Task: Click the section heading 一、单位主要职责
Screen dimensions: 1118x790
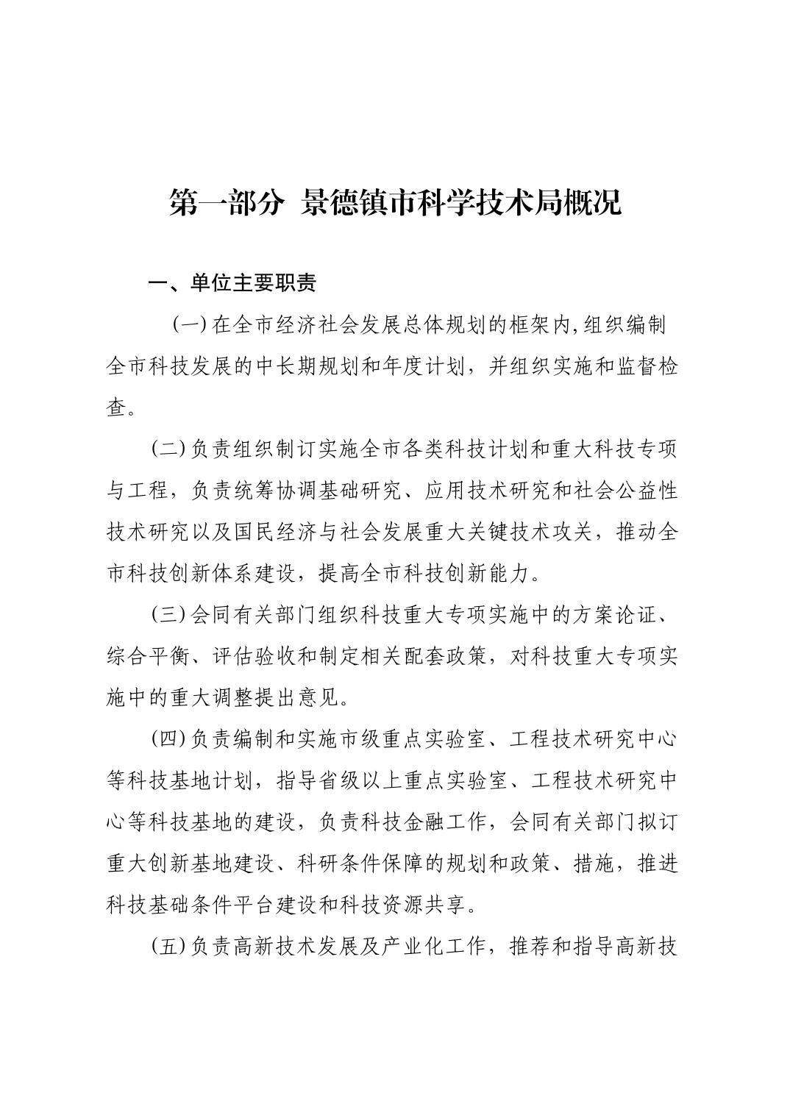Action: click(232, 283)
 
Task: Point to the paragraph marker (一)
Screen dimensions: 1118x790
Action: click(189, 325)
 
